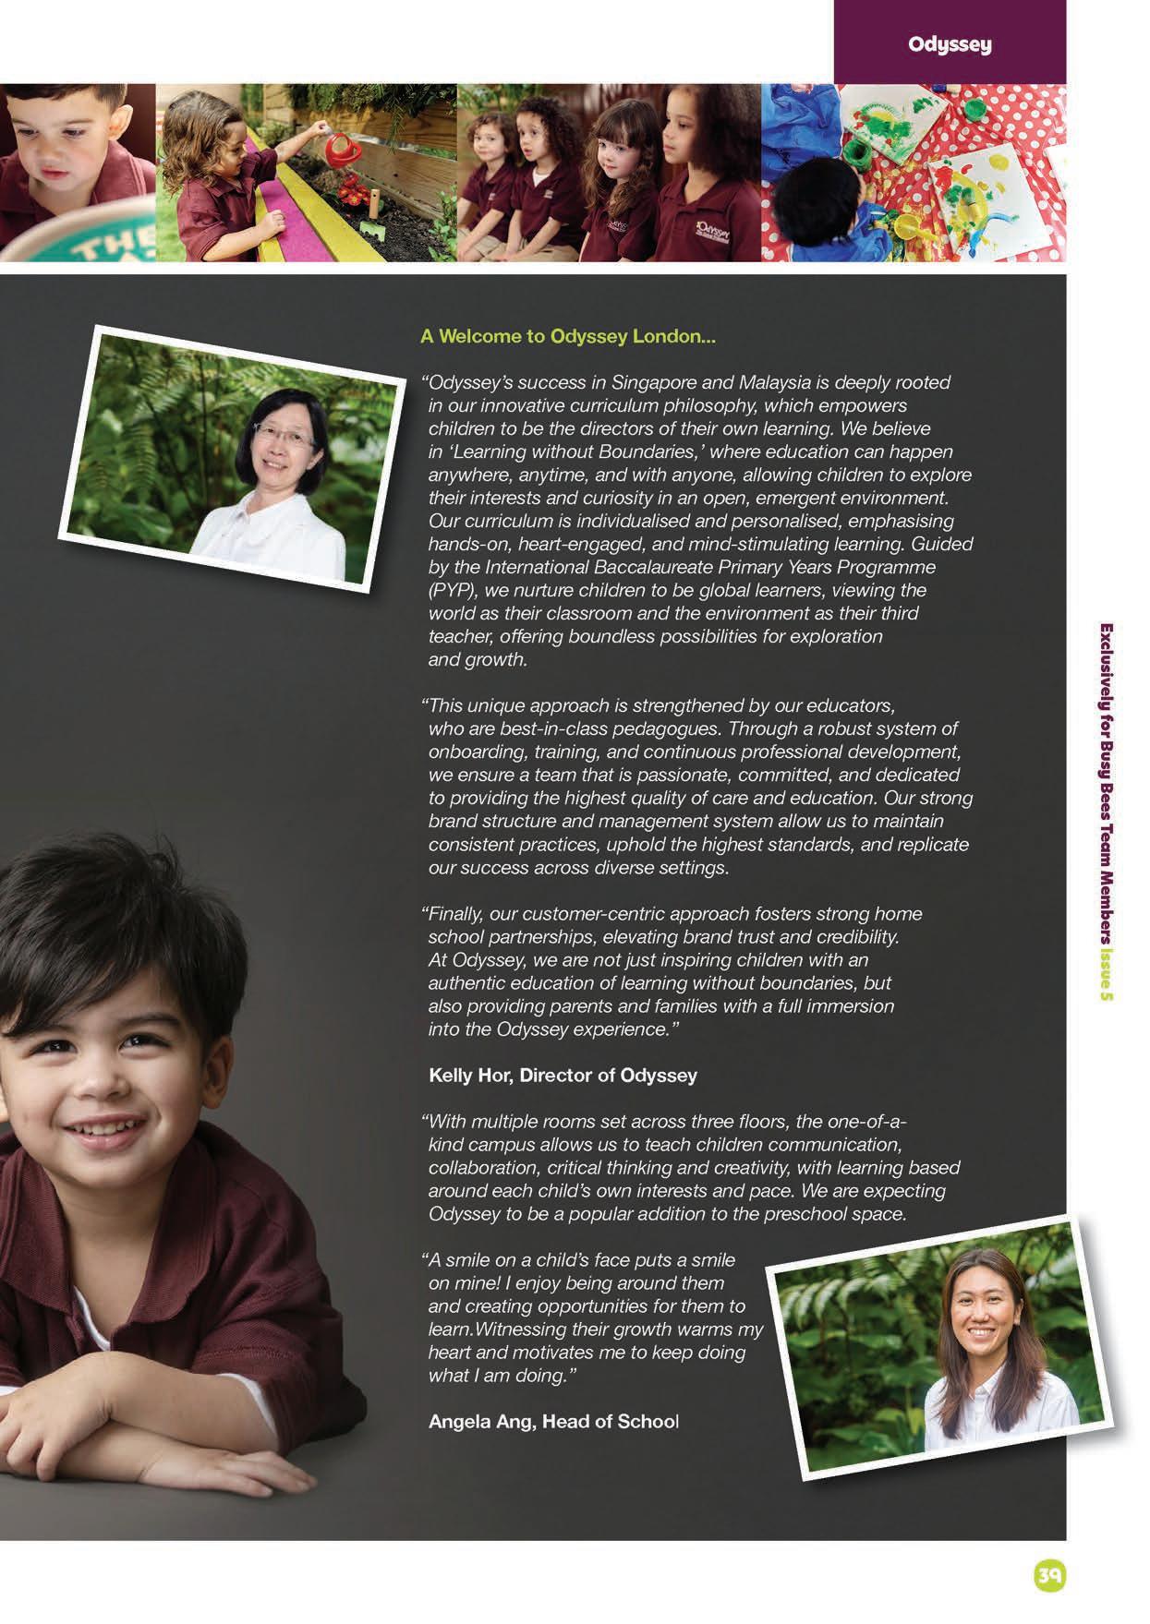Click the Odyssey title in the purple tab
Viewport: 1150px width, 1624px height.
[x=950, y=44]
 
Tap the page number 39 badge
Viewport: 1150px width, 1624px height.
[x=1049, y=1575]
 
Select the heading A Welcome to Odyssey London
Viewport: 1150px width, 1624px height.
[x=568, y=336]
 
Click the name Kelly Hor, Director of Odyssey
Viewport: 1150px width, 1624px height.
[x=563, y=1076]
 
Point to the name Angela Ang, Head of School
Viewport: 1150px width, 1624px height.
[x=553, y=1421]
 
